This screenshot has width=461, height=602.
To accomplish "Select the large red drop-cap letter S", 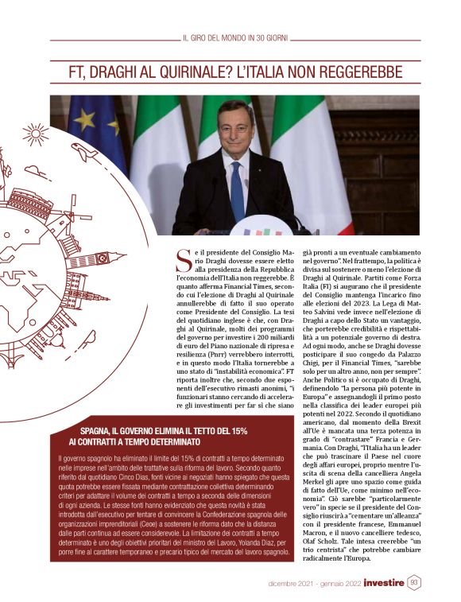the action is (183, 258).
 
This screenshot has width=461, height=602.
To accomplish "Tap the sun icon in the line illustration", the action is (35, 134).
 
